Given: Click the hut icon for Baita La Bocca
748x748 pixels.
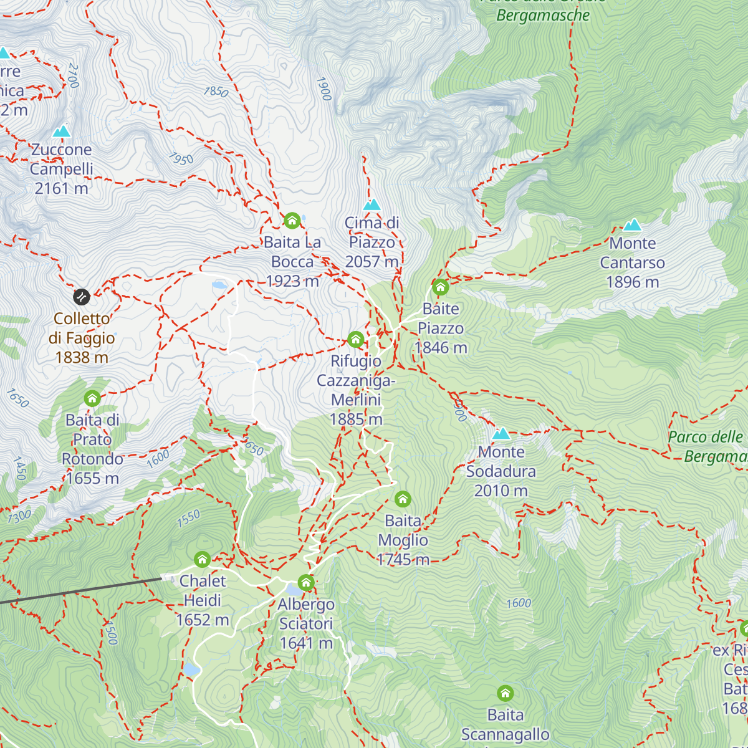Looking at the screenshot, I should tap(292, 221).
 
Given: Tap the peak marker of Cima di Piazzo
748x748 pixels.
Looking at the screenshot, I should tap(372, 204).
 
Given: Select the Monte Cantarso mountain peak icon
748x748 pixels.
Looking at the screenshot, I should tap(633, 225).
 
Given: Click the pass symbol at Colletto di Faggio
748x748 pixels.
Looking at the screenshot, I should tap(82, 296).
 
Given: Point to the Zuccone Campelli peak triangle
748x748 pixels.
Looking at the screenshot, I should tap(61, 132).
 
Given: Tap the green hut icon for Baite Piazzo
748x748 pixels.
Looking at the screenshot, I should tap(441, 287).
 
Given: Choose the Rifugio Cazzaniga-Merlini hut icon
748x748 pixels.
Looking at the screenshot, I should tap(356, 340).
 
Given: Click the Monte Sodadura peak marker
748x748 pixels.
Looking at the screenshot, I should tap(501, 434).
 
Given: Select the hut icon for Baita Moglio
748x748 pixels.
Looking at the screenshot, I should tap(403, 499).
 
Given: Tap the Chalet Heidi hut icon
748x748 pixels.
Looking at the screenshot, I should tap(202, 559).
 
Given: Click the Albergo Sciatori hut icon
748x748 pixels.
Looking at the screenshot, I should tap(306, 583).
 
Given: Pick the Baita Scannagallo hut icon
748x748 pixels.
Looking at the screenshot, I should tap(506, 693).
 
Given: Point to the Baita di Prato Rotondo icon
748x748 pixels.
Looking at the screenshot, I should tap(92, 398).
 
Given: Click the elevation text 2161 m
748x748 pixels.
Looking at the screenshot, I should tap(61, 188).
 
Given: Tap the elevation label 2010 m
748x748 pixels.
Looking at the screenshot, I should tap(501, 491).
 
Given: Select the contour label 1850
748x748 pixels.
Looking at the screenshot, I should tap(216, 92).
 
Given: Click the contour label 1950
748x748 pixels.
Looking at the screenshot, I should tap(181, 159).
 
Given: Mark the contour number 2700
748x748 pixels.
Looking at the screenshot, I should tap(74, 75).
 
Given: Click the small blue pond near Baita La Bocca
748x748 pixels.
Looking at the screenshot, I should tap(219, 285).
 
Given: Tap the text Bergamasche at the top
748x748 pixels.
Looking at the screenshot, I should tap(543, 16).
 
